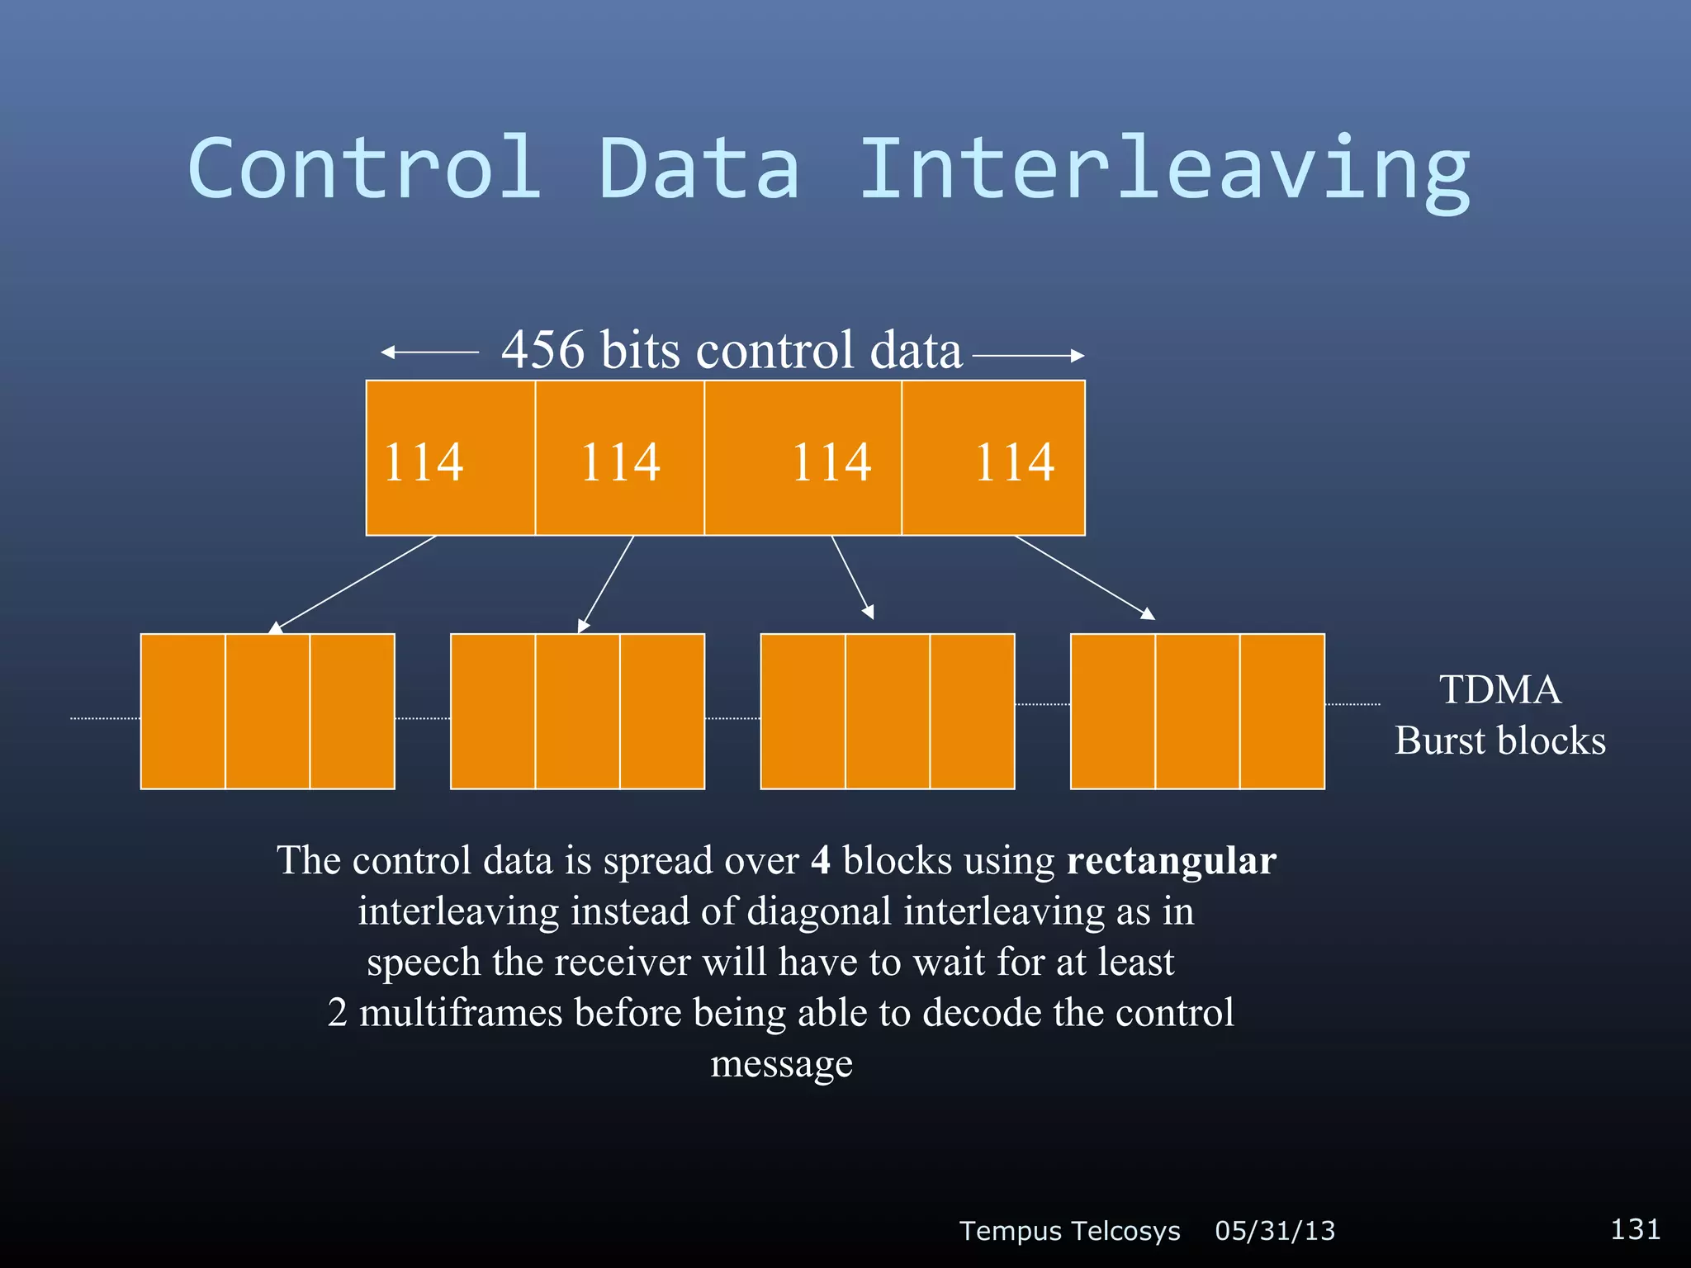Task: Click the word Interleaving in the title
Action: (x=1164, y=169)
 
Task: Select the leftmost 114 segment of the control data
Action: (x=450, y=458)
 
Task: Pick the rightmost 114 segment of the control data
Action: (x=993, y=458)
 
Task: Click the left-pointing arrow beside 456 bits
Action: (x=429, y=352)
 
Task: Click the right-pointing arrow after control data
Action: (x=1028, y=356)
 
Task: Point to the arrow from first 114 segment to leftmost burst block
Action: (x=353, y=584)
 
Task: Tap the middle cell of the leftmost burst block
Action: (x=268, y=711)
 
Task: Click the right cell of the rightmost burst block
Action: (x=1281, y=711)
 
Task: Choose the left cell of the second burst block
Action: (x=493, y=711)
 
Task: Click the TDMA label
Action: (x=1499, y=689)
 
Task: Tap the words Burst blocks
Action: (x=1499, y=740)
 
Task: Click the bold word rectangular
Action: (x=1171, y=860)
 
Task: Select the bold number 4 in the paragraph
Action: (x=821, y=860)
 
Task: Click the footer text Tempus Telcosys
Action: (x=1069, y=1231)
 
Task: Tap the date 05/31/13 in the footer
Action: (x=1274, y=1231)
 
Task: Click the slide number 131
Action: (x=1635, y=1229)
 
